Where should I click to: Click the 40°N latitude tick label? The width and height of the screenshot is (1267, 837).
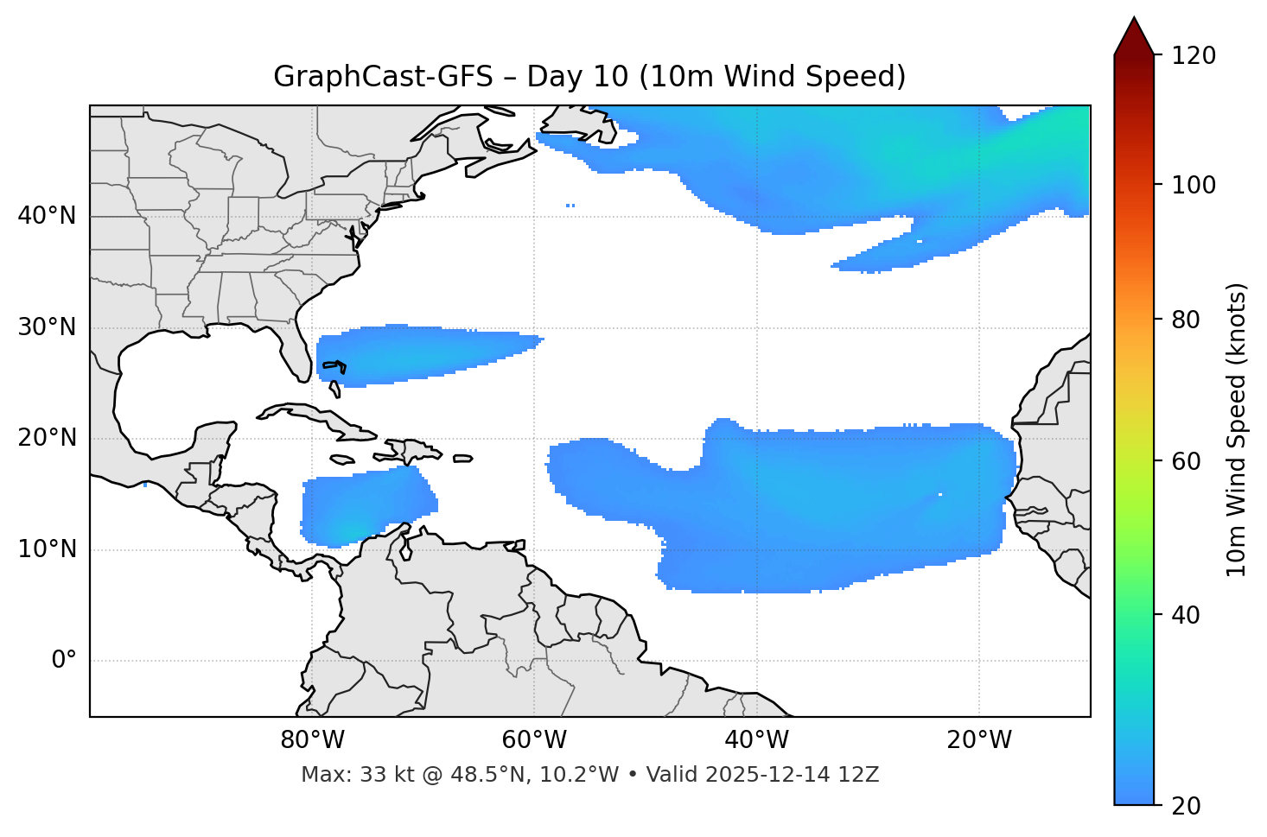pos(47,216)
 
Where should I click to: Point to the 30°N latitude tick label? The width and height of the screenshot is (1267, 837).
pos(47,327)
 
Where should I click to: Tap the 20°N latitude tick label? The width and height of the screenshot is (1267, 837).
pos(47,439)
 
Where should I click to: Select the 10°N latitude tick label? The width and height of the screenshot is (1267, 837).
pos(47,549)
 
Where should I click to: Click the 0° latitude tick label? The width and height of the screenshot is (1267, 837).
pos(64,661)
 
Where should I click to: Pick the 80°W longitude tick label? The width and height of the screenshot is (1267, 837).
pos(312,740)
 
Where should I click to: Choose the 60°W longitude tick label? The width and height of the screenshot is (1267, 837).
pos(534,740)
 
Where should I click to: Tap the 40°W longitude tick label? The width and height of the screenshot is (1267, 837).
pos(756,740)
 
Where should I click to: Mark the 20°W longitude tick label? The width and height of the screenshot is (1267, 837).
pos(979,740)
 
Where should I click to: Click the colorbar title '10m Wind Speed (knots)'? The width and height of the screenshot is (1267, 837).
pos(1237,429)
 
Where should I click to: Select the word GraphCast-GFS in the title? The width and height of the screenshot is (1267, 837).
pos(383,77)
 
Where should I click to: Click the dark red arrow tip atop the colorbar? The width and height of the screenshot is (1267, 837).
pos(1134,35)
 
